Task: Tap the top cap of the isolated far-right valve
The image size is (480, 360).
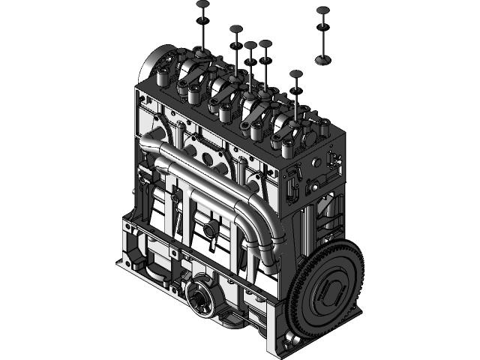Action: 322,10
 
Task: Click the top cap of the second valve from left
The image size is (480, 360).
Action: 236,29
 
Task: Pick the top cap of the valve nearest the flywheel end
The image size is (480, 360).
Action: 295,74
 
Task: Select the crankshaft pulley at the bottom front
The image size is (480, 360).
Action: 202,299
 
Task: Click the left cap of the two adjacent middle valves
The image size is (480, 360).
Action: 250,46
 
